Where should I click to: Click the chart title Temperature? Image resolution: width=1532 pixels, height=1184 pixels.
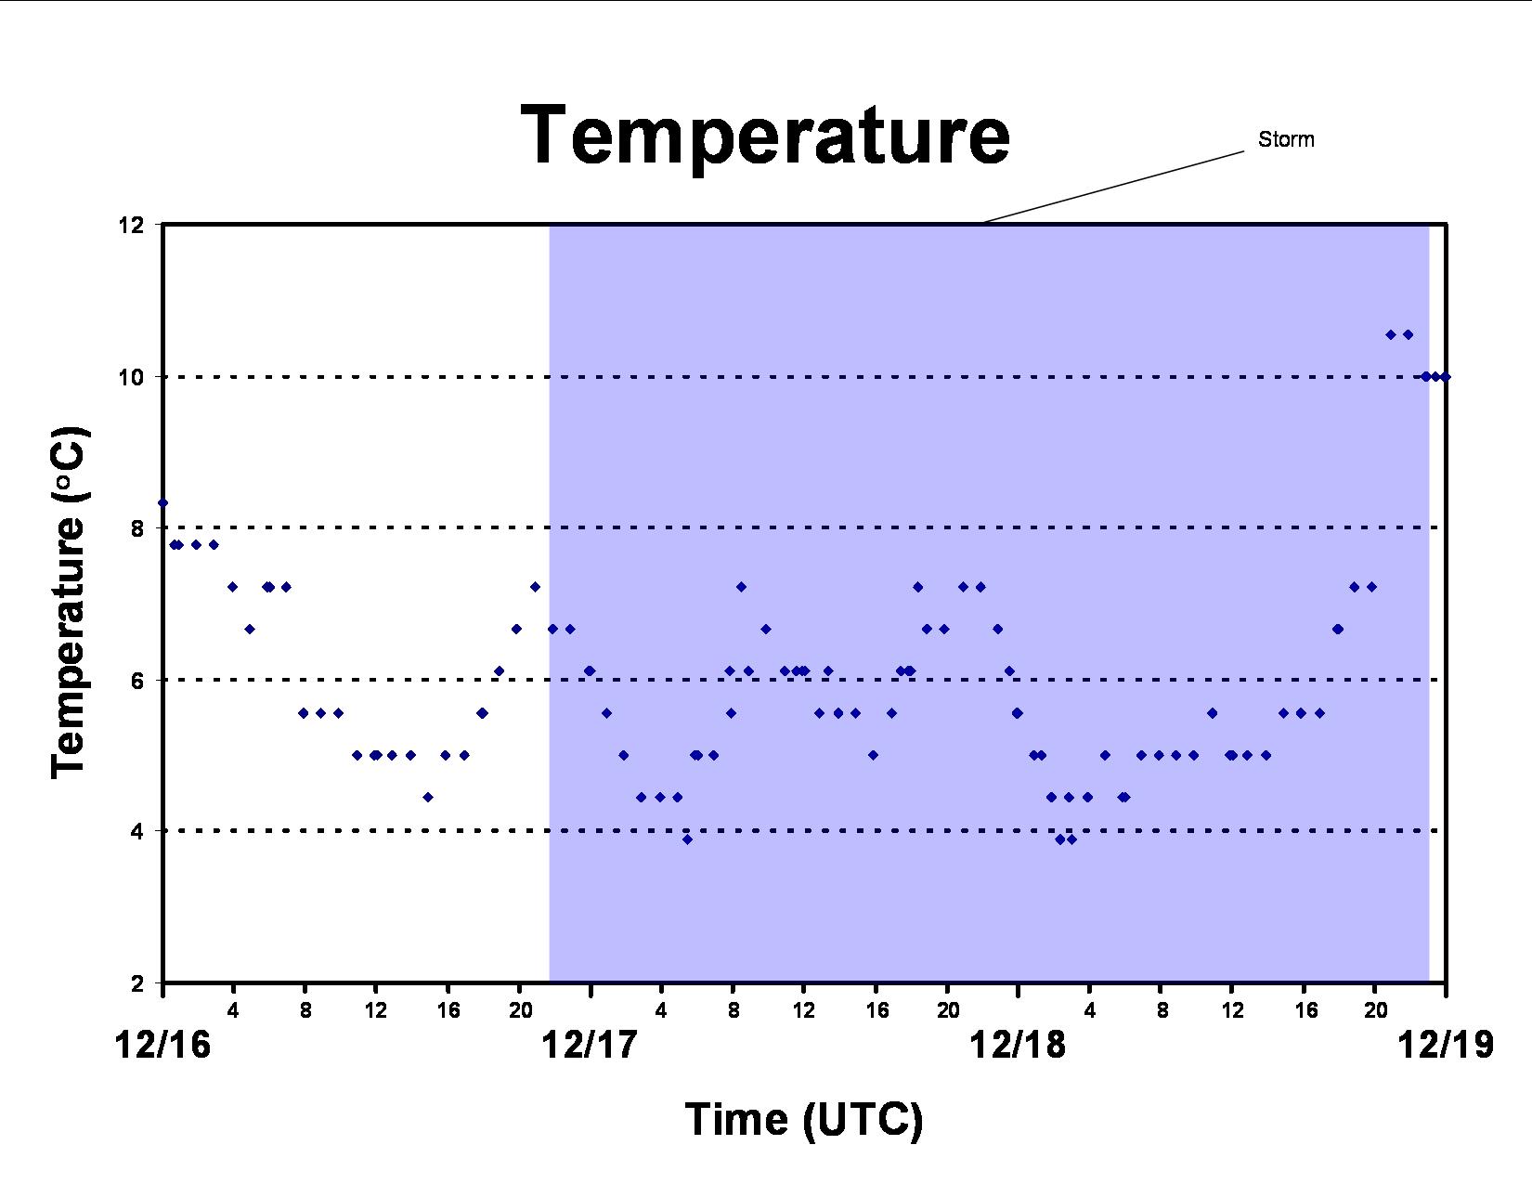coord(765,136)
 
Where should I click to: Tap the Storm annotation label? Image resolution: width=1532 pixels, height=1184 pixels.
coord(1286,139)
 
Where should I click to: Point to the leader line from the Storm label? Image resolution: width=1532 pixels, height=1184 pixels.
coord(1114,187)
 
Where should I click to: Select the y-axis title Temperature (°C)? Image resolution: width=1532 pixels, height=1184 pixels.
coord(69,603)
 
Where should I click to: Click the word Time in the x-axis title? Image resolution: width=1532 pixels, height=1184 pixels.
coord(736,1119)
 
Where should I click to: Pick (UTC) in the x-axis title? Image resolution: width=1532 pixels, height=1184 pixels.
coord(863,1120)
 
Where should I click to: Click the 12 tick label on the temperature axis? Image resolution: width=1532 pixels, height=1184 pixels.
coord(130,225)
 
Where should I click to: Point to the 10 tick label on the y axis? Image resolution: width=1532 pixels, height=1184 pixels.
coord(130,377)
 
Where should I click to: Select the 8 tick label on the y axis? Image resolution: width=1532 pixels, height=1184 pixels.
coord(137,528)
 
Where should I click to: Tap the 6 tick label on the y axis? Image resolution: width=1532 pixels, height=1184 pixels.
coord(137,680)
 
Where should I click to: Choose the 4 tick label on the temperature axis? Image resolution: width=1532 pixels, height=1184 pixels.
coord(137,831)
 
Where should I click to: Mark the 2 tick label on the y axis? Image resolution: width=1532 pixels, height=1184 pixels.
coord(137,983)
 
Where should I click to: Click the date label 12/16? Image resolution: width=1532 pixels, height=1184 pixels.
coord(162,1045)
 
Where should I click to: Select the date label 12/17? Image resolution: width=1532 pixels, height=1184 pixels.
coord(590,1045)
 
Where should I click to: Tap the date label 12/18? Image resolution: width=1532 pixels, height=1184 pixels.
coord(1018,1045)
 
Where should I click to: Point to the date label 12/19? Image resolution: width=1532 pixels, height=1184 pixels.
coord(1446,1045)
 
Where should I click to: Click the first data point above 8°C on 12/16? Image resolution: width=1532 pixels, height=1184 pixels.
coord(162,502)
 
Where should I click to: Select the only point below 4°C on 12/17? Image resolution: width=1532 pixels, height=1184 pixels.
coord(687,839)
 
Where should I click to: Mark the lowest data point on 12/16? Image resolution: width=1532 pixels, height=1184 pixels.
coord(428,798)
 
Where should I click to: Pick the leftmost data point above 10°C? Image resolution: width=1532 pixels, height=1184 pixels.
coord(1390,335)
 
